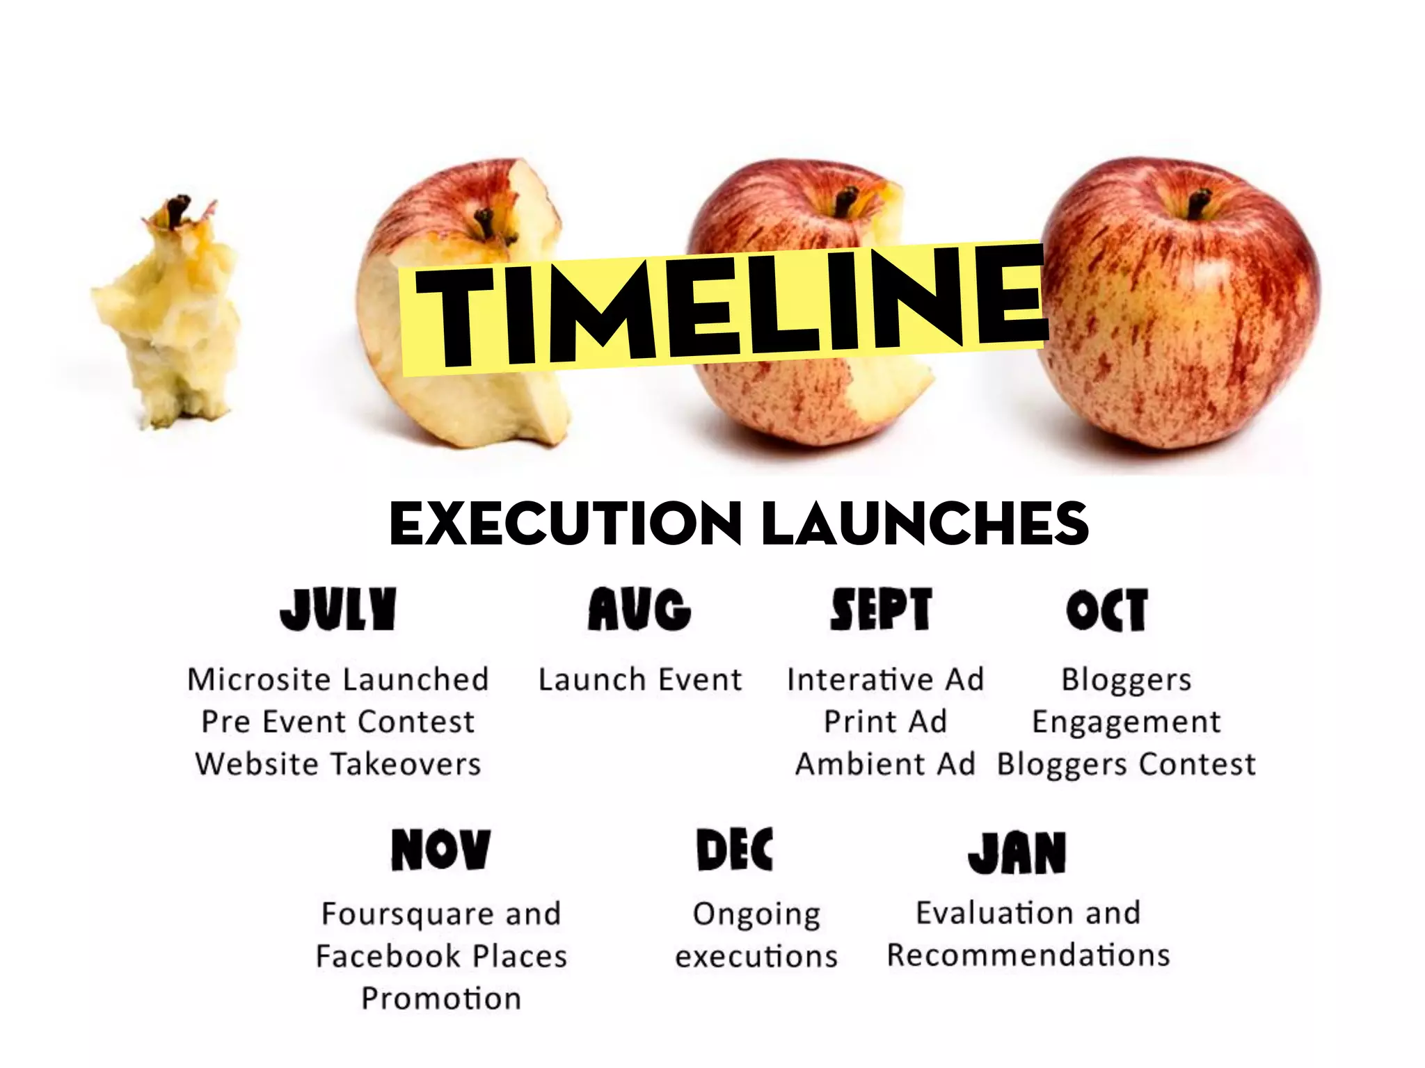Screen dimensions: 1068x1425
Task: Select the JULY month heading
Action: click(338, 609)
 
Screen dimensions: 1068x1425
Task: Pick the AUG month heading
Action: click(639, 609)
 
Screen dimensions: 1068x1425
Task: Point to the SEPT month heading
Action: click(881, 609)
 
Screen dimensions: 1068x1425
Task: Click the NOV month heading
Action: click(440, 850)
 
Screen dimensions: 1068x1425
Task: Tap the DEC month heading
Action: click(735, 850)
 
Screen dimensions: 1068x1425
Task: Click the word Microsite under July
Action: click(259, 679)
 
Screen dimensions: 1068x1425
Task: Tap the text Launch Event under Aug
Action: click(640, 679)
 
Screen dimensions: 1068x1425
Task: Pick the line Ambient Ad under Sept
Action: click(885, 763)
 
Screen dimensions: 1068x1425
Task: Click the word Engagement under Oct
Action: click(1126, 722)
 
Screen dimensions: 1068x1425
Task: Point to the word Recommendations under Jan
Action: click(1028, 955)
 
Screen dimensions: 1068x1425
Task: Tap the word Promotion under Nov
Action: click(441, 998)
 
